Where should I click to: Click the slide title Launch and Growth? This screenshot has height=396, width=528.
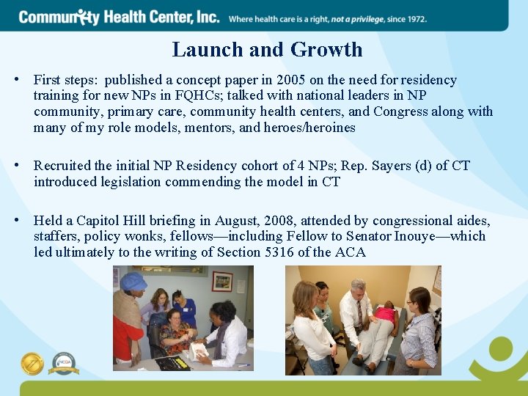pyautogui.click(x=267, y=50)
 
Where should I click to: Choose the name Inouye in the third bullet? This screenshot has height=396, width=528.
pyautogui.click(x=438, y=236)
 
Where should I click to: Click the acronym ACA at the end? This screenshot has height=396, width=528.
pyautogui.click(x=351, y=252)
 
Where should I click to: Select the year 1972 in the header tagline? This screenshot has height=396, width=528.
pyautogui.click(x=412, y=18)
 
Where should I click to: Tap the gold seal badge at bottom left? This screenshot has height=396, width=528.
pyautogui.click(x=32, y=363)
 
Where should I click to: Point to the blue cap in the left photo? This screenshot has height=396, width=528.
pyautogui.click(x=133, y=281)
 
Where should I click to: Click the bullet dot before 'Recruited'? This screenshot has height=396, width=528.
pyautogui.click(x=24, y=166)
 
